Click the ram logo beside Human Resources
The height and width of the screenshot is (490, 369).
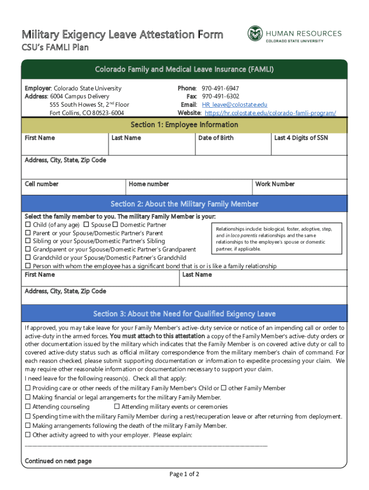[255, 33]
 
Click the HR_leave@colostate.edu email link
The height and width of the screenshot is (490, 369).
[234, 105]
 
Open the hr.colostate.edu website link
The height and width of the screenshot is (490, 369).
[270, 113]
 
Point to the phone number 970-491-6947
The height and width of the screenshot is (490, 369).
[220, 89]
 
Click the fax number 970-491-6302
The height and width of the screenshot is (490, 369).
[220, 97]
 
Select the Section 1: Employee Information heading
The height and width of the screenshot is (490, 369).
[184, 125]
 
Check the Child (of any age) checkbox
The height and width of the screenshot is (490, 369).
[28, 225]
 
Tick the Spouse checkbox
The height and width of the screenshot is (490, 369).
[86, 225]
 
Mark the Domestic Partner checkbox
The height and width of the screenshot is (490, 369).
[115, 225]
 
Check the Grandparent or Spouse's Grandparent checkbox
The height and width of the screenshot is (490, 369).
[28, 249]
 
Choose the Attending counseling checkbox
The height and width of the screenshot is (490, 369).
[28, 407]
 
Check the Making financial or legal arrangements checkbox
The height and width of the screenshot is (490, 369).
[28, 398]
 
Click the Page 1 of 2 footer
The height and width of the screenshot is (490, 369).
[184, 474]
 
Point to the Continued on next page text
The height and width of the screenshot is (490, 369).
[58, 461]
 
